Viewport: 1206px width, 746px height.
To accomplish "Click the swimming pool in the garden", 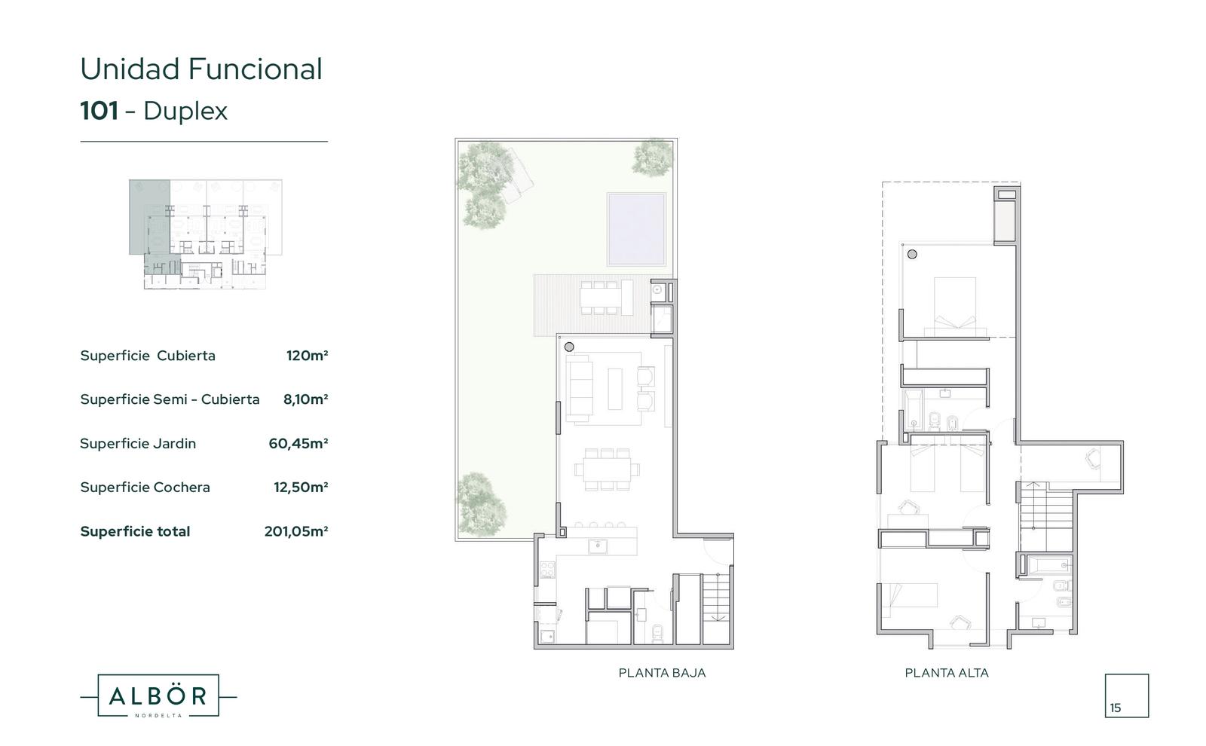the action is pyautogui.click(x=636, y=229).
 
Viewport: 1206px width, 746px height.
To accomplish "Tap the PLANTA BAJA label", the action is pyautogui.click(x=662, y=673).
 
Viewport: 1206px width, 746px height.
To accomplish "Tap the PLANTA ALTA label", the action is pyautogui.click(x=947, y=673).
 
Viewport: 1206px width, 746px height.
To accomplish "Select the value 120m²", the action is pyautogui.click(x=307, y=355).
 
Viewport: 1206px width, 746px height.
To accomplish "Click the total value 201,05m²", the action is pyautogui.click(x=296, y=531).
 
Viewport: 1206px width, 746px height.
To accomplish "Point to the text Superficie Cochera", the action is pyautogui.click(x=145, y=487).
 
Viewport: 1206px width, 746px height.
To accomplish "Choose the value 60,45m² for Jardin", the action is pyautogui.click(x=298, y=444).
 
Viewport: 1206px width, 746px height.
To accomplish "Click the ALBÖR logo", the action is pyautogui.click(x=158, y=696).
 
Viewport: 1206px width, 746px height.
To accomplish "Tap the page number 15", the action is pyautogui.click(x=1115, y=708).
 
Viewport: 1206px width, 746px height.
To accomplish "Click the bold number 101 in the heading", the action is pyautogui.click(x=99, y=111).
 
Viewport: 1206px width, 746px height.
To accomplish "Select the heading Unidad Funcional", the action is pyautogui.click(x=201, y=69).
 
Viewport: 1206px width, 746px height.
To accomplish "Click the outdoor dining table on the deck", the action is pyautogui.click(x=600, y=297).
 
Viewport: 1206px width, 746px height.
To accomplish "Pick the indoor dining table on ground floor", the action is pyautogui.click(x=607, y=469).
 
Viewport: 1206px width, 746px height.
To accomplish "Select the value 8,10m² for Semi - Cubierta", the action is pyautogui.click(x=306, y=399).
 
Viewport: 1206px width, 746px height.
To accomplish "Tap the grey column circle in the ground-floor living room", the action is pyautogui.click(x=569, y=347).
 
